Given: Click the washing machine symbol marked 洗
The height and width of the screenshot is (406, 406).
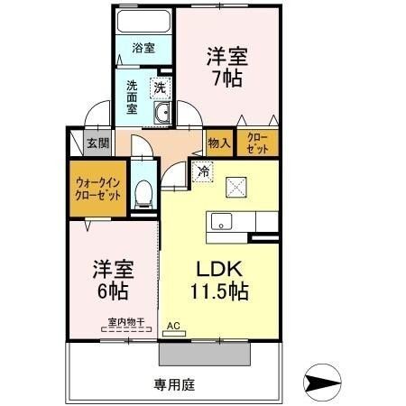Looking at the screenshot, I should (158, 88).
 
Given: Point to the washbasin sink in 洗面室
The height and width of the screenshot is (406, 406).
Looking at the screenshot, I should (163, 113).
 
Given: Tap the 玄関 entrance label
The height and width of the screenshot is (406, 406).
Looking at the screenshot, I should (97, 143).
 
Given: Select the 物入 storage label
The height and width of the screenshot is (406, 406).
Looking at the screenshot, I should (219, 143).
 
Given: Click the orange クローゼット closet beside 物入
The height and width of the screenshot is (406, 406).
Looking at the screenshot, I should (258, 143).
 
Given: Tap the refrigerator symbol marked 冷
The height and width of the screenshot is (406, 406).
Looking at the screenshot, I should (204, 170).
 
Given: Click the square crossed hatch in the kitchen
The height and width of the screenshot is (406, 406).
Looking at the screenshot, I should (240, 186).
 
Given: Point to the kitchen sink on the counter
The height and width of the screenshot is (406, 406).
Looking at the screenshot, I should (223, 223).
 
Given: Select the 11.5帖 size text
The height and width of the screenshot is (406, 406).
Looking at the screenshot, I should (219, 292).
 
